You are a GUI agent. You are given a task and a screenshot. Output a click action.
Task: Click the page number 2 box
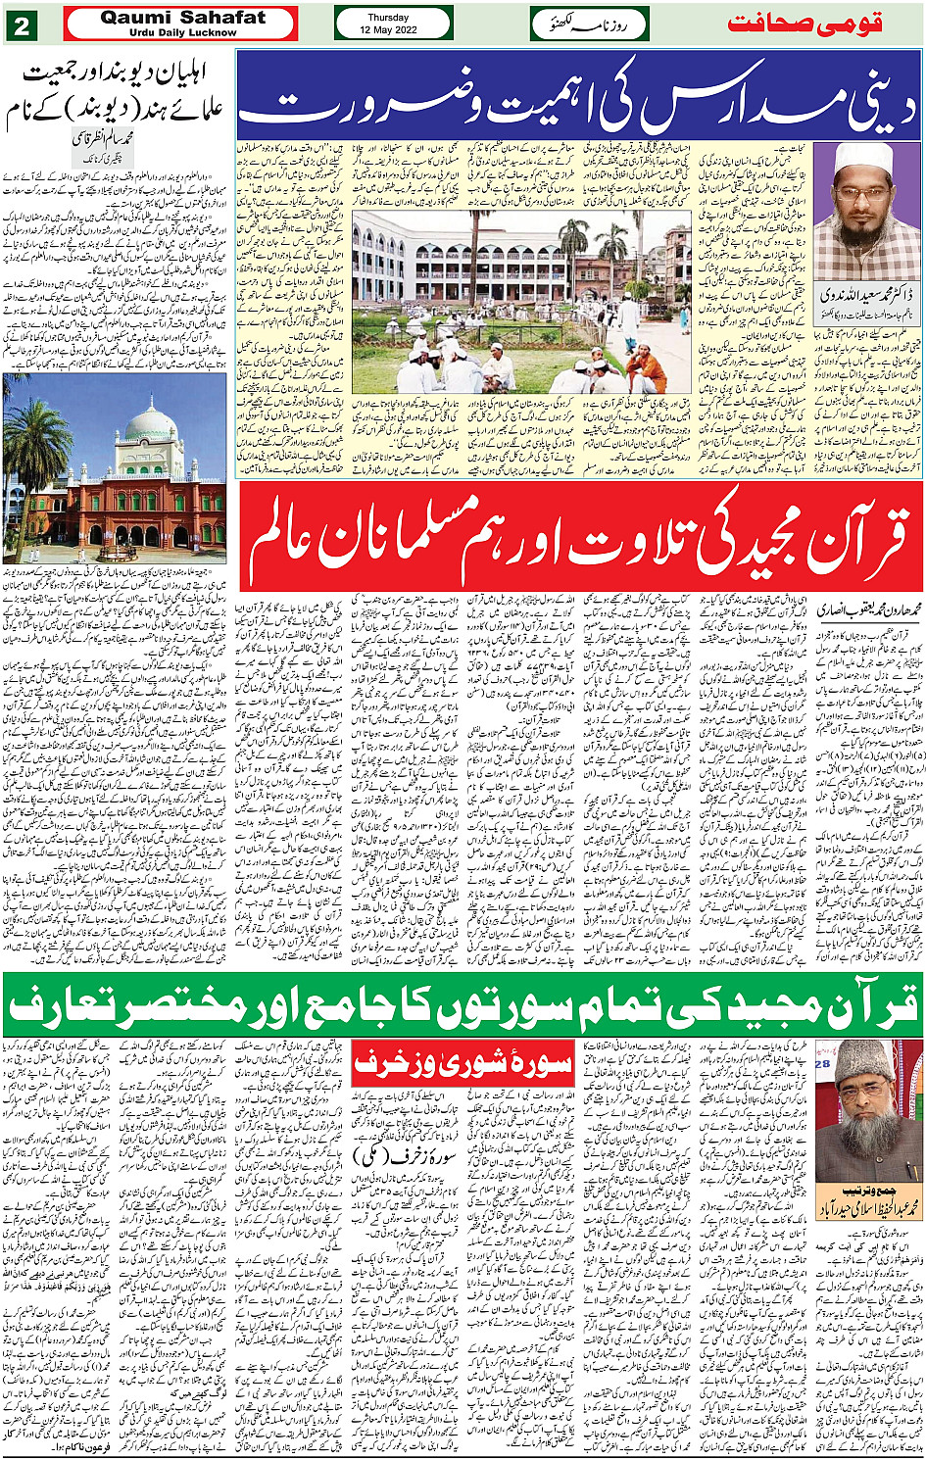(20, 24)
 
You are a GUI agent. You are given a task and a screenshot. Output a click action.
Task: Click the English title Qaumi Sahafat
(182, 17)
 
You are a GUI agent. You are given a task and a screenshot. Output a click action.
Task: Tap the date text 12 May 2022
(388, 30)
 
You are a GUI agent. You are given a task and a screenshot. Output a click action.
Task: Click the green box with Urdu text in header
(590, 24)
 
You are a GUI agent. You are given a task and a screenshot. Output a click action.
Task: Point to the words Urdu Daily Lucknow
(182, 32)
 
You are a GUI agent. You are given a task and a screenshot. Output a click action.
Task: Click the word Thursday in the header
(388, 17)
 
